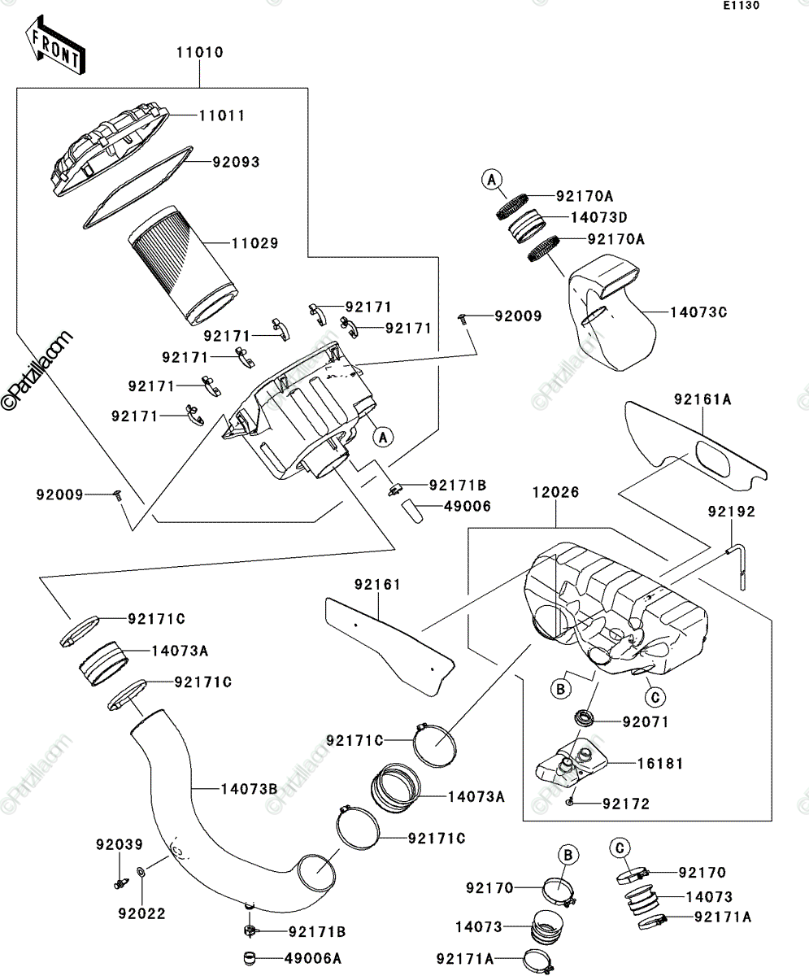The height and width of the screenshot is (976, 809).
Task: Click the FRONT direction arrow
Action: click(54, 45)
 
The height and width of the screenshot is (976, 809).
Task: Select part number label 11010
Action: click(199, 52)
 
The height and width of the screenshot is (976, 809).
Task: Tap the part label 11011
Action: click(222, 115)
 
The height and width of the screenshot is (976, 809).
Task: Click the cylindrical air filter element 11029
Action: click(183, 265)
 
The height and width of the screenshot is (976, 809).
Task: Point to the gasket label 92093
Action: click(236, 162)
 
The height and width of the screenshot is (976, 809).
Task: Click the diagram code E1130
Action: click(742, 6)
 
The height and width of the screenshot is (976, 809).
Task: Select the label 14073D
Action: click(598, 217)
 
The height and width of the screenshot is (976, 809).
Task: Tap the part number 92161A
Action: click(702, 399)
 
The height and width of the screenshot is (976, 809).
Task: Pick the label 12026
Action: click(555, 492)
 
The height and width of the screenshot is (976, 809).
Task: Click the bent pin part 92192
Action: click(736, 567)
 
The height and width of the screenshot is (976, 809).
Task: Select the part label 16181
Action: click(660, 764)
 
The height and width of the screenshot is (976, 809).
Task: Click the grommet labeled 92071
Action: click(584, 718)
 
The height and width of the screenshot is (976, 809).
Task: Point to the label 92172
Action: click(626, 804)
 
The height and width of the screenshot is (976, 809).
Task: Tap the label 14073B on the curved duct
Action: click(249, 789)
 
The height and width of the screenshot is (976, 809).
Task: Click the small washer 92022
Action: click(141, 871)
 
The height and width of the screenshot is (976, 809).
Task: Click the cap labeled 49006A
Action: click(250, 959)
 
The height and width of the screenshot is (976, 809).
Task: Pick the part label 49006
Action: click(468, 506)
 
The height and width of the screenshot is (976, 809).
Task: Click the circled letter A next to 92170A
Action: click(492, 180)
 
